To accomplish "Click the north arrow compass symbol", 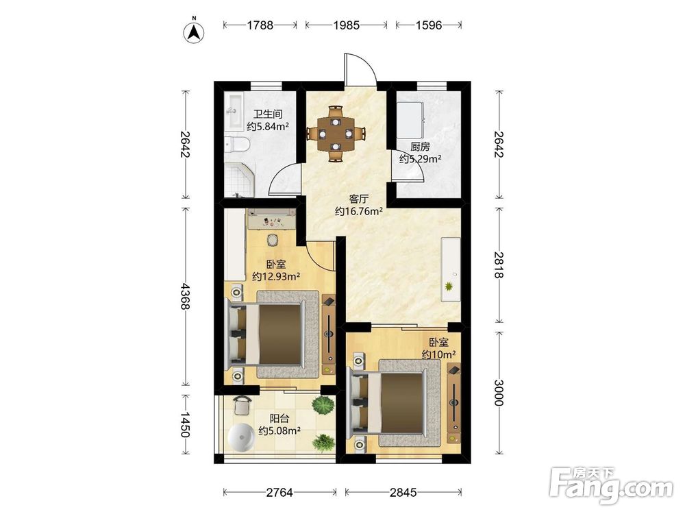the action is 195,32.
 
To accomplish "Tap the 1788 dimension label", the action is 260,25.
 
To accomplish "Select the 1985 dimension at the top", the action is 347,25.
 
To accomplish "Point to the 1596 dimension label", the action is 429,25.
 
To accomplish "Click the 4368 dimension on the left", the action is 185,297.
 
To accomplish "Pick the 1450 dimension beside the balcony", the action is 185,425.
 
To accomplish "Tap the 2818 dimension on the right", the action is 499,265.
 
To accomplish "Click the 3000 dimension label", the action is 499,393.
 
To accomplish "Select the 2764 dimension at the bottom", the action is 279,493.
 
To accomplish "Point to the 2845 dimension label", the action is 403,493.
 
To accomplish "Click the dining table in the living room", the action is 336,134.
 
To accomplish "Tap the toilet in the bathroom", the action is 236,143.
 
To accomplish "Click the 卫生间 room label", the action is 269,114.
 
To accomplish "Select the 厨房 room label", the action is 420,147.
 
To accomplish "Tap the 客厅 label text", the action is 359,199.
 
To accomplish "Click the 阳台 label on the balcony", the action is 279,419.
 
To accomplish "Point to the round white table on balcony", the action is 241,437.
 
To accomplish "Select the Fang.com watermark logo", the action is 611,485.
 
